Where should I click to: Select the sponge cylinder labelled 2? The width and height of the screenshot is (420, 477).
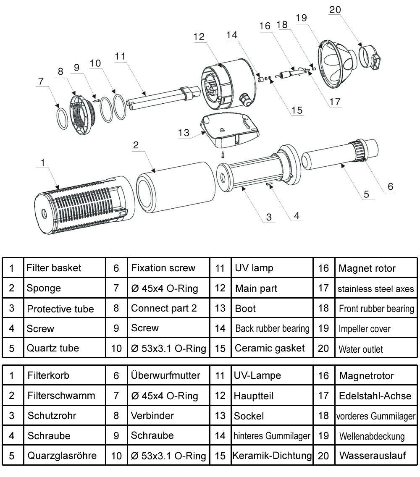tap(172, 187)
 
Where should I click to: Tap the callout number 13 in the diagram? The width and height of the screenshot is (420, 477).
tap(184, 133)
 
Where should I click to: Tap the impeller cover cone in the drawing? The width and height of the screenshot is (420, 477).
tap(336, 61)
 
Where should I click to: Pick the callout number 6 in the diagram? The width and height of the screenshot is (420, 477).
tap(390, 186)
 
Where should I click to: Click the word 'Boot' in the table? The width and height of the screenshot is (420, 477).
tap(245, 308)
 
